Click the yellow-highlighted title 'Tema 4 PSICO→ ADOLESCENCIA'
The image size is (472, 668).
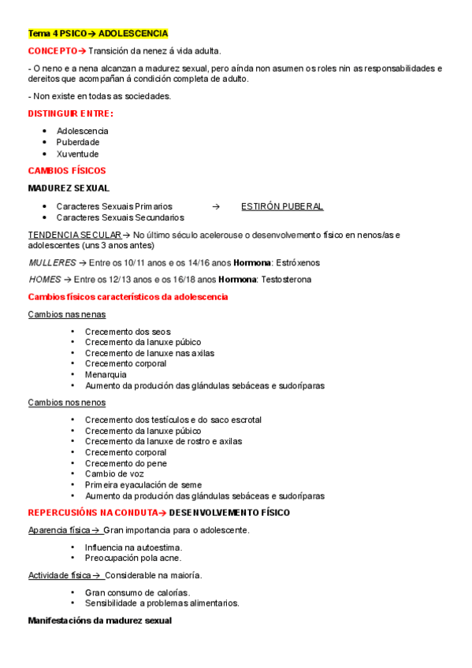[98, 34]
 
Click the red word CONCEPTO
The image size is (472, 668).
[53, 50]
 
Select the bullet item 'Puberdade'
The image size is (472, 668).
[78, 143]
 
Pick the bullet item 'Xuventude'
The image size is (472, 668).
[78, 154]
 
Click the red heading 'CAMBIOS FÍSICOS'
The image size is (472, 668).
[67, 171]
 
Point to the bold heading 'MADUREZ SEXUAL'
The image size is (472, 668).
[69, 188]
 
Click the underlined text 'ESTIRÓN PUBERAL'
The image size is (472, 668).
[282, 206]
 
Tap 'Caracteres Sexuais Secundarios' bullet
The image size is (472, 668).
[121, 217]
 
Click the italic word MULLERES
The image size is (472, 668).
[52, 262]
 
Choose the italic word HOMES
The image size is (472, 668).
[44, 280]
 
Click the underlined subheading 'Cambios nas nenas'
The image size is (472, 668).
[67, 314]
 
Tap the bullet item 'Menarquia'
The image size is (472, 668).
[106, 375]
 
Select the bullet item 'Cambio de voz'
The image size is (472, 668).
[113, 474]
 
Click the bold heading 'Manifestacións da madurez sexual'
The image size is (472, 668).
[99, 621]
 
